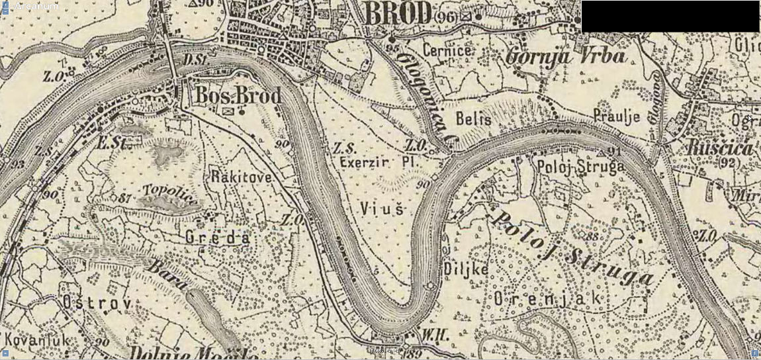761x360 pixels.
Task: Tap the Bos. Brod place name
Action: pos(238,95)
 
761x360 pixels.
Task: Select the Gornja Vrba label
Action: pos(565,56)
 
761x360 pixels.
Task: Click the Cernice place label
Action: pos(447,50)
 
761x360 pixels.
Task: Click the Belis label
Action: pos(474,119)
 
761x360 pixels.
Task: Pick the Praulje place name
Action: pos(616,116)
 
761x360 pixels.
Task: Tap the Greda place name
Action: pos(217,237)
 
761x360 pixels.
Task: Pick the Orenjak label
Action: pos(548,298)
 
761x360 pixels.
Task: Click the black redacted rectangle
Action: pos(670,17)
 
